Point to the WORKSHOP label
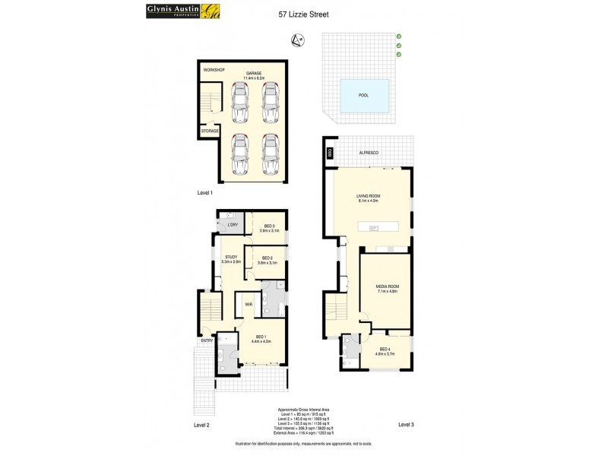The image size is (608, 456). click(214, 70)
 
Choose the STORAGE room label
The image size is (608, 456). click(210, 131)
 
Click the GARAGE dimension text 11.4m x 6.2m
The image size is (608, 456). click(253, 78)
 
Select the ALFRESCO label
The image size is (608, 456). click(380, 153)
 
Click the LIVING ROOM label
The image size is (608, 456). click(369, 195)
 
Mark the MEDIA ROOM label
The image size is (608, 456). click(387, 287)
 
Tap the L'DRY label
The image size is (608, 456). click(233, 226)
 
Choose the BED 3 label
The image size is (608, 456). click(269, 226)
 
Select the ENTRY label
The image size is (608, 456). click(206, 340)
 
